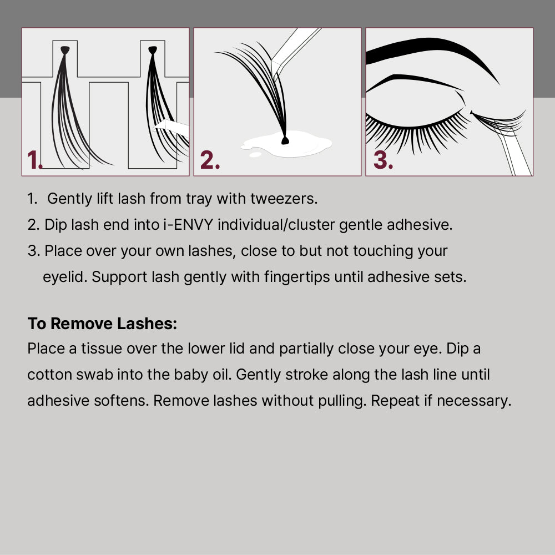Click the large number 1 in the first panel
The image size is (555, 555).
[34, 160]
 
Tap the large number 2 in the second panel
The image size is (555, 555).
[209, 160]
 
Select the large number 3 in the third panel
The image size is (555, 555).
[382, 160]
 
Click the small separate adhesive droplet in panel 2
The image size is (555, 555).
[255, 155]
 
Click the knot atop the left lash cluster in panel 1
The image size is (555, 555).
[65, 50]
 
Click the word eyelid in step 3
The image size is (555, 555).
[58, 277]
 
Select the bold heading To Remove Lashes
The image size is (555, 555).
[102, 324]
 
